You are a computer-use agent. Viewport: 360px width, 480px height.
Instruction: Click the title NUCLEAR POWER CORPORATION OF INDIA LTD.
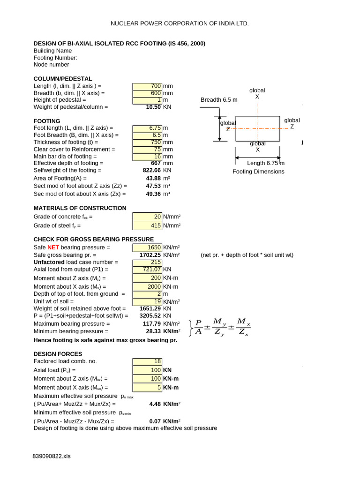(x=180, y=23)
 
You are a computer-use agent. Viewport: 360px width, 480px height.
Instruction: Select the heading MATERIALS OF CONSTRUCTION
(x=80, y=208)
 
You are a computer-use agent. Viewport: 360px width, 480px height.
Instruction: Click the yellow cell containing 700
(x=147, y=86)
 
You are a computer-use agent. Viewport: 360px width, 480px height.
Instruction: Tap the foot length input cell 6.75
(x=147, y=128)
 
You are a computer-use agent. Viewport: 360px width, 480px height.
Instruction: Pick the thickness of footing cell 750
(x=147, y=142)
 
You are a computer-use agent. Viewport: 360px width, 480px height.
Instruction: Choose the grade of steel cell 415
(x=147, y=226)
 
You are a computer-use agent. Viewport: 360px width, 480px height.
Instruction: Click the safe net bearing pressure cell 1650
(x=147, y=247)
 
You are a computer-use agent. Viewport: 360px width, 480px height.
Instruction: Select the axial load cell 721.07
(x=147, y=270)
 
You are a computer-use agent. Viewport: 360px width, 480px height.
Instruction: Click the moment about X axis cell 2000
(x=147, y=287)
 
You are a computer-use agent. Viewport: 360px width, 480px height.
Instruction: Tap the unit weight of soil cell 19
(x=147, y=301)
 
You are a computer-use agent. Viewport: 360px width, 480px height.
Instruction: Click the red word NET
(x=53, y=247)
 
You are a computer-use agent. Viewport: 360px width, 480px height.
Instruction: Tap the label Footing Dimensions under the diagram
(x=258, y=172)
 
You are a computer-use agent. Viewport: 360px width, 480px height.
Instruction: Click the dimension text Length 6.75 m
(x=266, y=163)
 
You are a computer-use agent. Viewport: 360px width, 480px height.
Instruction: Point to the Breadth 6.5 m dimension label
(x=219, y=100)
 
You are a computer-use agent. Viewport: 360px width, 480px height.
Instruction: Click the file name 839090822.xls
(x=52, y=456)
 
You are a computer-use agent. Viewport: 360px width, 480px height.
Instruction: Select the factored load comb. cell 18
(x=147, y=361)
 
